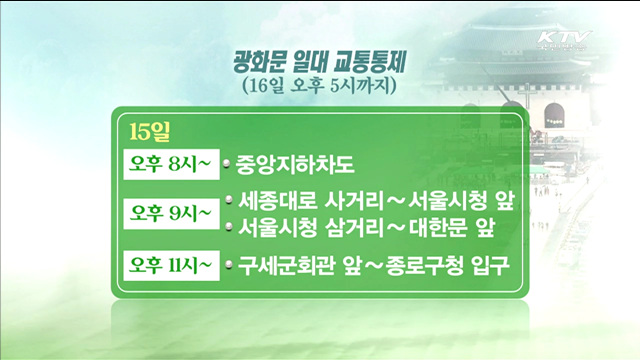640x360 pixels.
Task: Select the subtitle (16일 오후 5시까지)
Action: [x=320, y=87]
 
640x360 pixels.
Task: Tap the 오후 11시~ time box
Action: [x=168, y=265]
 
